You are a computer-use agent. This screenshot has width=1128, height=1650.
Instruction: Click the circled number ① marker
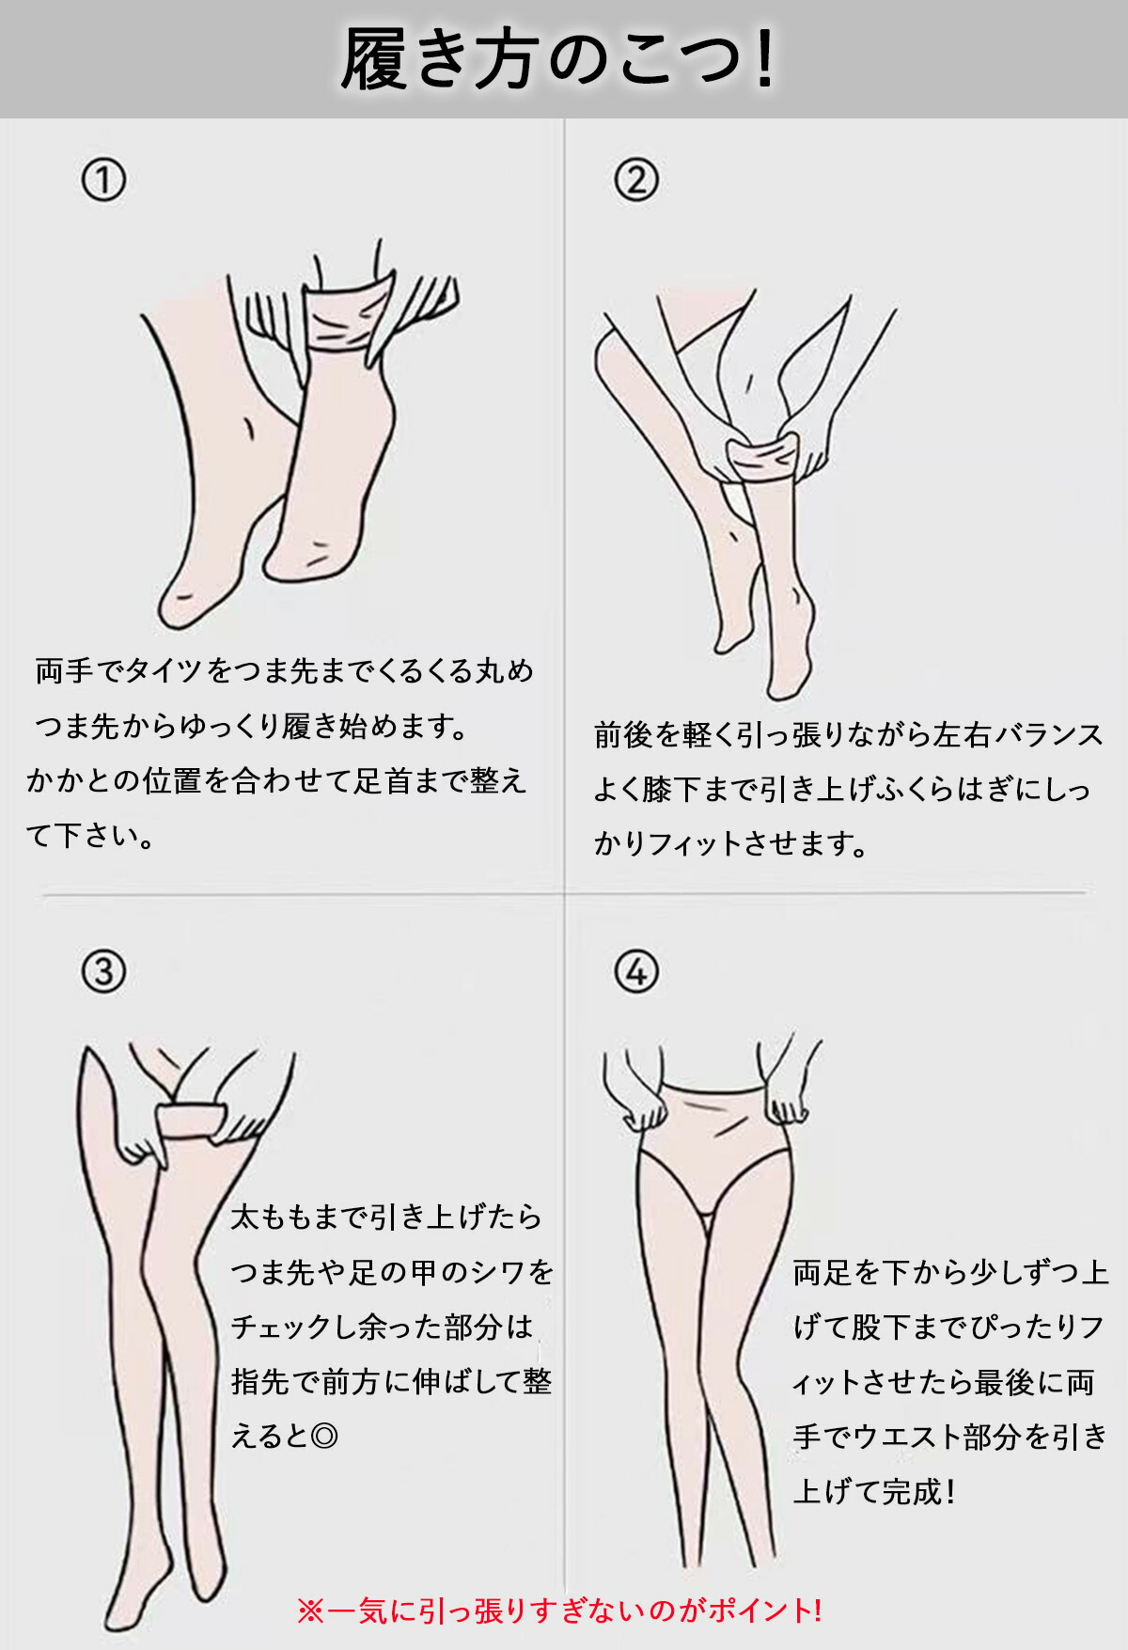(103, 180)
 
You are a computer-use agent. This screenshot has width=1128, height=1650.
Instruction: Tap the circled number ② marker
(636, 180)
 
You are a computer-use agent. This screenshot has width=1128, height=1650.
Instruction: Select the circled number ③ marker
(103, 971)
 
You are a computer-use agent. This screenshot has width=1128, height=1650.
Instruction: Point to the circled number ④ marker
(636, 971)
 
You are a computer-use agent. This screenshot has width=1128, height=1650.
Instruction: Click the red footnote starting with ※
(560, 1611)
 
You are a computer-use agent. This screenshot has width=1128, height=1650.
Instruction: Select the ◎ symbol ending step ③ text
(323, 1436)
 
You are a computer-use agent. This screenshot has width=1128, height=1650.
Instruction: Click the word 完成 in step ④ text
(912, 1491)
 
